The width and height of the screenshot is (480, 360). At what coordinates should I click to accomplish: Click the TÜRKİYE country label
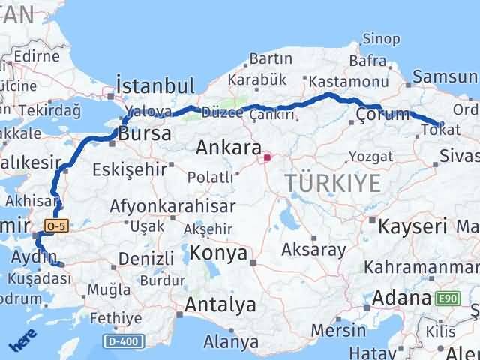(333, 182)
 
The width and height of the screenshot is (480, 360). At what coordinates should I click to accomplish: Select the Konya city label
(218, 253)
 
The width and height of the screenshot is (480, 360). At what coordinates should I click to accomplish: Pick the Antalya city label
(220, 305)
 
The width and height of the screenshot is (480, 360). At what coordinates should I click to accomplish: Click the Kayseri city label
(412, 225)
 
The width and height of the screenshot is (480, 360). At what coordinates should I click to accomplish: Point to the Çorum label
(383, 115)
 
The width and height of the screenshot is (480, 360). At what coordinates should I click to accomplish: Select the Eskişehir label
(130, 169)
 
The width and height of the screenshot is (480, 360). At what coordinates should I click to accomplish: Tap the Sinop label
(381, 39)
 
